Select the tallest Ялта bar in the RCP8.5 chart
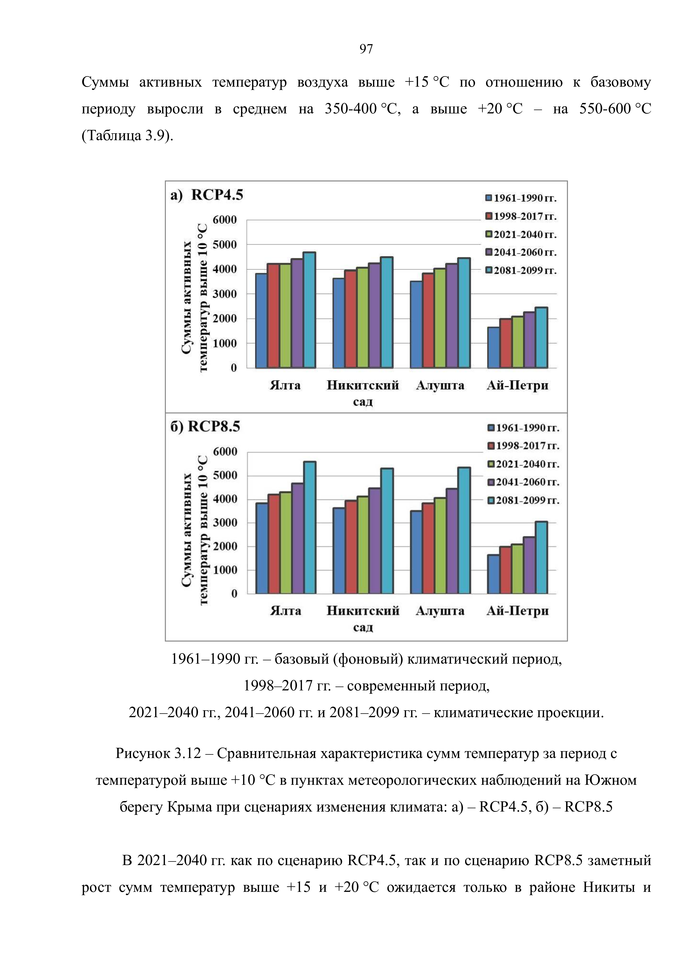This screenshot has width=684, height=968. point(310,527)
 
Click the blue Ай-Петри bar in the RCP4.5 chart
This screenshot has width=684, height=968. point(493,347)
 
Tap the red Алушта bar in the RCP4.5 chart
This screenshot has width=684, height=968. point(428,320)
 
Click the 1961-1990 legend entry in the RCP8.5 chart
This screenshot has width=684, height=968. point(524,428)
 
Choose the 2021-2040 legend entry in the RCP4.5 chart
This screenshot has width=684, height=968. point(521,234)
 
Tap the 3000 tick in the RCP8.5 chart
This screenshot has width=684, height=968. point(225,523)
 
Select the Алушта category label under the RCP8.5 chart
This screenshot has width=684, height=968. point(440,611)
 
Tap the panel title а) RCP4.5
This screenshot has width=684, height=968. point(207,195)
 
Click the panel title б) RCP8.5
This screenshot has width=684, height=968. point(205,427)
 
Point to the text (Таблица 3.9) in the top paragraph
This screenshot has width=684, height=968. point(127,136)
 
